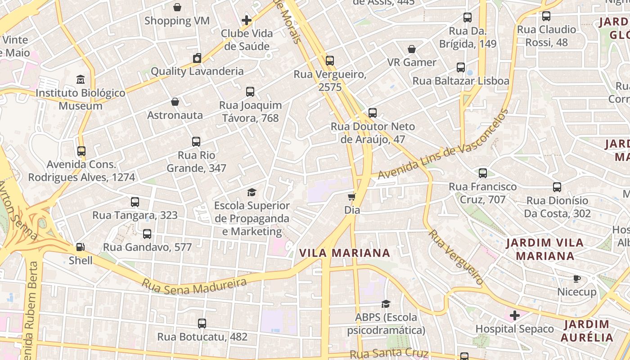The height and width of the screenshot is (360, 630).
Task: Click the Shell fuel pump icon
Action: pyautogui.click(x=80, y=247)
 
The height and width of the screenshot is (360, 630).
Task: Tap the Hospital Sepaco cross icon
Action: pyautogui.click(x=515, y=315)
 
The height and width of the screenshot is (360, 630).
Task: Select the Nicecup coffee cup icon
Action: pyautogui.click(x=577, y=279)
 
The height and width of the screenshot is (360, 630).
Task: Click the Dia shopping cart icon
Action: pyautogui.click(x=352, y=197)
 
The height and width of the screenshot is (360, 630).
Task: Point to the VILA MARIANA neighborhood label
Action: pyautogui.click(x=345, y=253)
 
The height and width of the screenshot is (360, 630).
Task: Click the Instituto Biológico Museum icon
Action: pyautogui.click(x=81, y=80)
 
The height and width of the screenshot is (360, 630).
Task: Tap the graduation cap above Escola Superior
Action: pyautogui.click(x=252, y=192)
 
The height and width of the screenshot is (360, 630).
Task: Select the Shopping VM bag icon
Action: pyautogui.click(x=177, y=7)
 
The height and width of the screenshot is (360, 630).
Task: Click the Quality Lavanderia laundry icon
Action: pyautogui.click(x=197, y=58)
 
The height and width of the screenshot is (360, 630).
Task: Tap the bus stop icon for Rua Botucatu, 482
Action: pyautogui.click(x=202, y=323)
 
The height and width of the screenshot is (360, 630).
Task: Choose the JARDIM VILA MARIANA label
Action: pyautogui.click(x=545, y=249)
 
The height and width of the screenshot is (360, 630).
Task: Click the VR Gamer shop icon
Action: pyautogui.click(x=412, y=49)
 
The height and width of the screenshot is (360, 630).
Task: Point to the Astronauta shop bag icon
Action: pyautogui.click(x=175, y=102)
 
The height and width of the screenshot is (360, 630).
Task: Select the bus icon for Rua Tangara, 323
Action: pyautogui.click(x=135, y=202)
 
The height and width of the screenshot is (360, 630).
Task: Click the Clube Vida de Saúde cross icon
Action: pyautogui.click(x=247, y=20)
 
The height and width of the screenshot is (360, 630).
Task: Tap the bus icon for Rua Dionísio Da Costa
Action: pyautogui.click(x=557, y=187)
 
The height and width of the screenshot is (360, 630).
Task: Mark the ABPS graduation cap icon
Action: pyautogui.click(x=386, y=304)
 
